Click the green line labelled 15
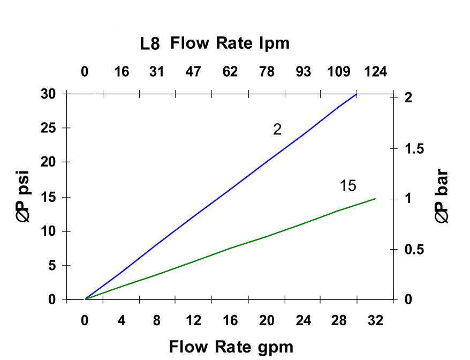tap(230, 248)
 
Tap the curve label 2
tap(277, 130)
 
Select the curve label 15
tap(347, 186)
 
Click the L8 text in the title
tap(150, 44)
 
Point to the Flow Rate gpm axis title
tap(231, 347)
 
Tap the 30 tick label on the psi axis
tap(48, 94)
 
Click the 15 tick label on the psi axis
tap(48, 197)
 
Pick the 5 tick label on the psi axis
tap(52, 266)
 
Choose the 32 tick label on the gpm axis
tap(375, 321)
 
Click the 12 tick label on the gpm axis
tap(193, 321)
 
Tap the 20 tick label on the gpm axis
tap(266, 321)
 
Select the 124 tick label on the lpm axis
tap(375, 72)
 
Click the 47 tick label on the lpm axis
tap(193, 72)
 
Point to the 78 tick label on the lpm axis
tap(266, 72)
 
